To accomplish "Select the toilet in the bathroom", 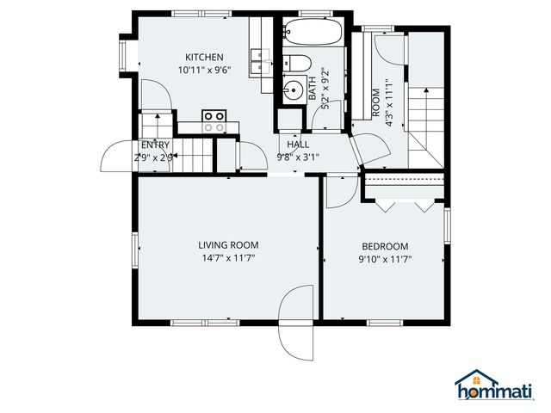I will tap(295, 65).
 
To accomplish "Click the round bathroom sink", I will tap(294, 89).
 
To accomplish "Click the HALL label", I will tap(299, 145).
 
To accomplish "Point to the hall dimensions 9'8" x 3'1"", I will tap(299, 157).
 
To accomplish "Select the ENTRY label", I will tap(155, 145).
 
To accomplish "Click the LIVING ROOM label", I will tap(228, 245).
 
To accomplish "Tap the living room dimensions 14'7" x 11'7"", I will tap(228, 257).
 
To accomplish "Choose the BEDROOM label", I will tap(385, 245).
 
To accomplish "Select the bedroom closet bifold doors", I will tap(400, 206).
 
